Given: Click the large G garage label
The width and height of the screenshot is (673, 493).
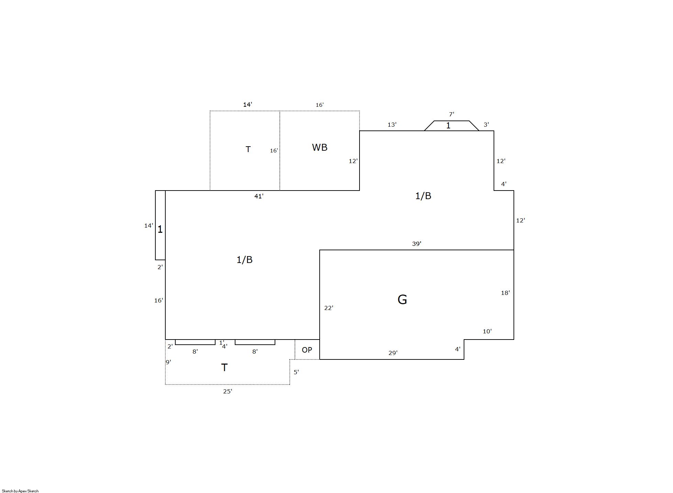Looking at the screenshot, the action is pos(402,299).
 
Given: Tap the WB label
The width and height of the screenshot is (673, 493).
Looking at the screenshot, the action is pos(319,147).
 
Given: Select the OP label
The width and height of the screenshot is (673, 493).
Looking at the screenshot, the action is pos(307,350).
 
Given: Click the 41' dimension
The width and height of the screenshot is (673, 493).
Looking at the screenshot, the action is pos(259,196).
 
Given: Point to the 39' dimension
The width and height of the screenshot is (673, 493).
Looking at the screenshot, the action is pos(417,244).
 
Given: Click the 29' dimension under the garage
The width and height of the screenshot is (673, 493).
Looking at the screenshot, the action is pos(393,353).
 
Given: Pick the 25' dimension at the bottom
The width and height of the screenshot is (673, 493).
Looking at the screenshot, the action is pos(228,391).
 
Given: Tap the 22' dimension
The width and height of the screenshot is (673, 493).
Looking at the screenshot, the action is pos(329,308).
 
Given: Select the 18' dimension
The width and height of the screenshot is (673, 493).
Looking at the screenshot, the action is pos(505,293).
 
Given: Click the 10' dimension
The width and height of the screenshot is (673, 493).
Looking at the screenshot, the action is pos(487,331).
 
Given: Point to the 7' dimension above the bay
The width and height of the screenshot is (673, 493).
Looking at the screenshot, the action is pos(452,114).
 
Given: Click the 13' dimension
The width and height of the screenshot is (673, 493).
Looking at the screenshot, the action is pos(392,125).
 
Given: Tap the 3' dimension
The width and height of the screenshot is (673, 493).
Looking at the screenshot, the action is pos(486,125).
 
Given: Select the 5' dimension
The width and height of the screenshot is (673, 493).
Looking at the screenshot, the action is pos(296,372).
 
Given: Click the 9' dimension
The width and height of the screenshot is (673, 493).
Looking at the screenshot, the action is pos(168,362).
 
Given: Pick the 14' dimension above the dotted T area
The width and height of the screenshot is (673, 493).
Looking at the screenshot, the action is pos(247,104).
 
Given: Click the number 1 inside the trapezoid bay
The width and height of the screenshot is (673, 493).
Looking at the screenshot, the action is pos(448,126).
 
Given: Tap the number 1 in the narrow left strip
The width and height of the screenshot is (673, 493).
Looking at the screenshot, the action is pos(160,229).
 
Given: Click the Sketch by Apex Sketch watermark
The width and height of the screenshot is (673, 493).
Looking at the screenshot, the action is pos(20,491).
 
